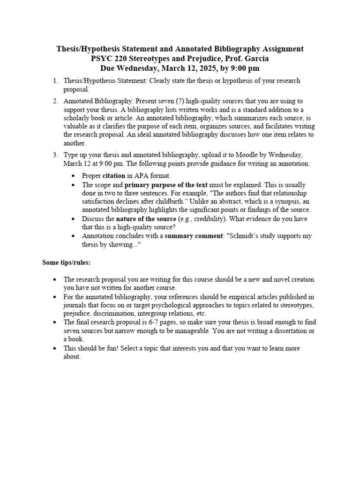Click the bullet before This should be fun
[55, 348]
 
